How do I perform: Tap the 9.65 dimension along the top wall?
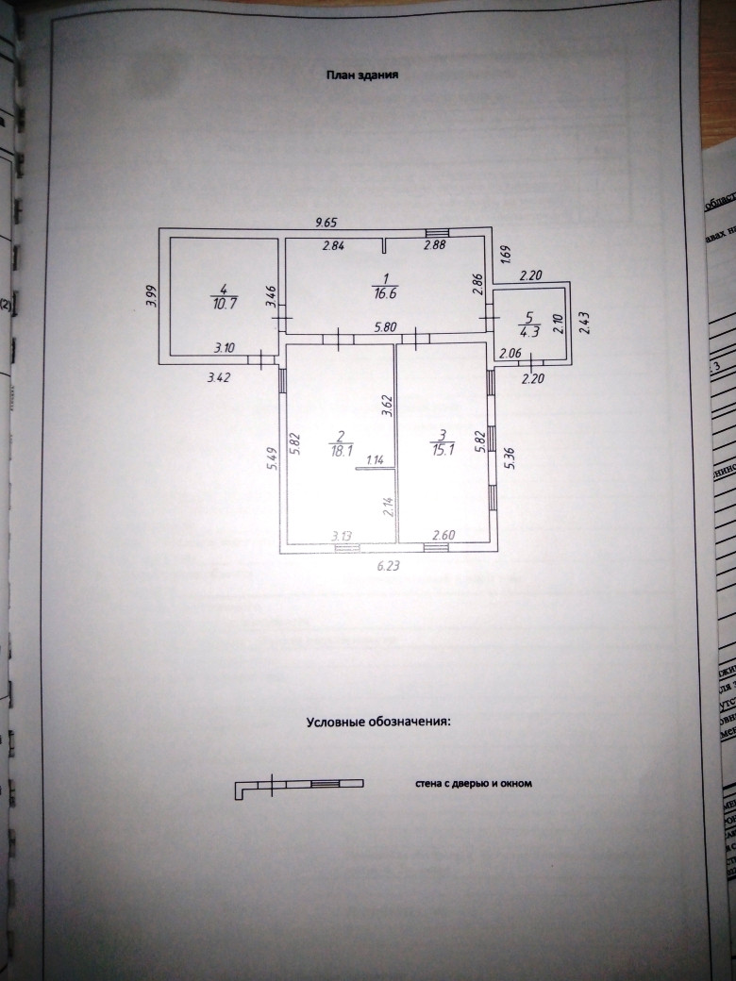(326, 223)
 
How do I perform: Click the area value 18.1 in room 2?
(339, 450)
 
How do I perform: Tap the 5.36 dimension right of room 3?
(510, 457)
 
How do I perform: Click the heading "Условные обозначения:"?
(378, 722)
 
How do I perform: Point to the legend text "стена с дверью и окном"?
(474, 782)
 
